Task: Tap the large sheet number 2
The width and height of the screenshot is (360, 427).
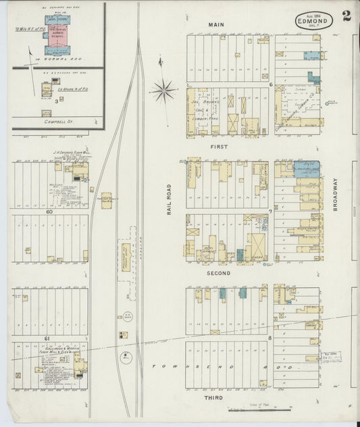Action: point(346,17)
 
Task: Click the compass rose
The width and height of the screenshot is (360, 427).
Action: point(164,87)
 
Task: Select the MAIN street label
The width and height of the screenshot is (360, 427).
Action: point(216,25)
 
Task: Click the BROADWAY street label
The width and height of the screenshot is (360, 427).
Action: point(334,195)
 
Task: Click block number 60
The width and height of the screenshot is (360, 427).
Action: point(49,211)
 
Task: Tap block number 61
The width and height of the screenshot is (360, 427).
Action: point(48,337)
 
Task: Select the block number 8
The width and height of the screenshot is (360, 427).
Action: point(270,337)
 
